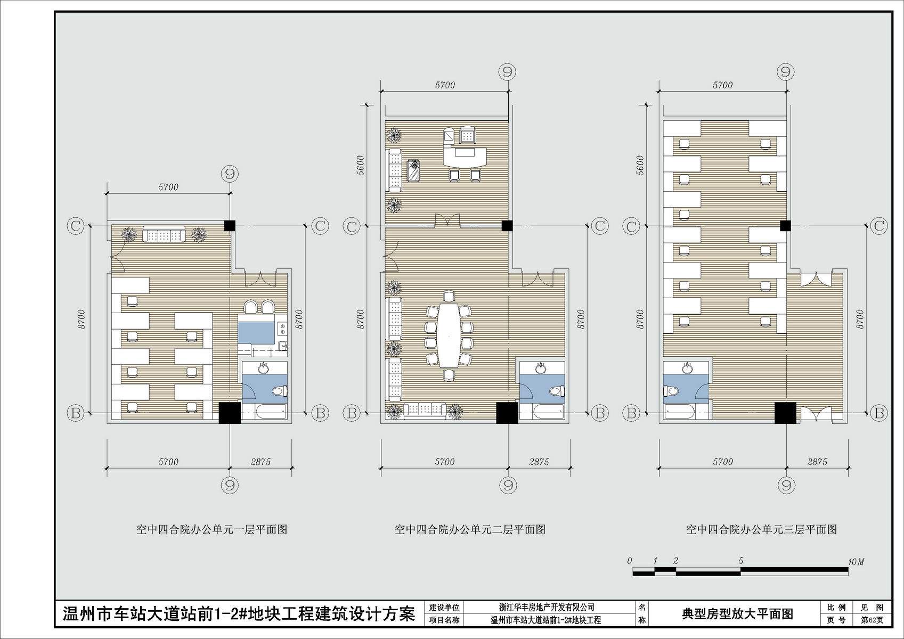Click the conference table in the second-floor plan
[449, 335]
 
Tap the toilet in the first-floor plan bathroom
[280, 391]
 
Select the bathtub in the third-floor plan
[680, 412]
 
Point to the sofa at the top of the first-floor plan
[164, 234]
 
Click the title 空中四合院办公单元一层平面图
[212, 529]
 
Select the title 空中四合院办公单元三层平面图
[762, 529]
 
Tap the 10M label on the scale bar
[856, 562]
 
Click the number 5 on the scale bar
[741, 561]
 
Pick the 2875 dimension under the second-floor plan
[539, 462]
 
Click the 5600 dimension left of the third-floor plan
[640, 165]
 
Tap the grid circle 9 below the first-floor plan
[230, 485]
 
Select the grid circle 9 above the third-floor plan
[785, 72]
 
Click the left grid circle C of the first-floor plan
[76, 226]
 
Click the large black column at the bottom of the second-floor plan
[507, 413]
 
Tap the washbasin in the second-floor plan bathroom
[541, 368]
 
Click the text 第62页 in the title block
[872, 620]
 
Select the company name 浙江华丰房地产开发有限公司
[547, 607]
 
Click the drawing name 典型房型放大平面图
[737, 613]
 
